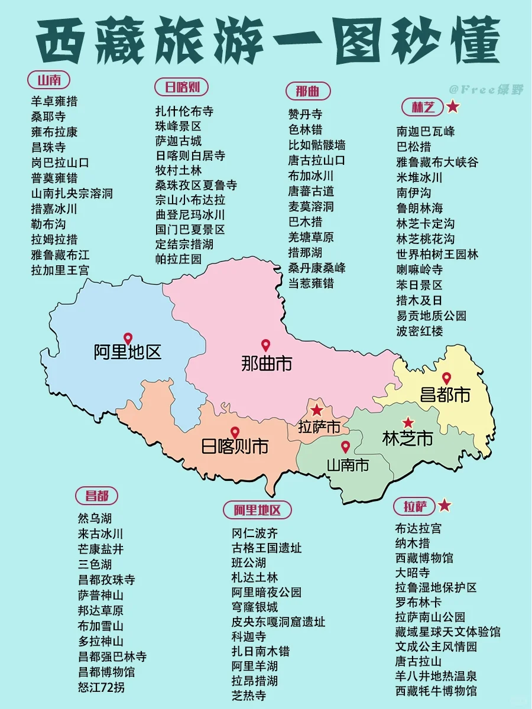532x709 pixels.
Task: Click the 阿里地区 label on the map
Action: (x=128, y=353)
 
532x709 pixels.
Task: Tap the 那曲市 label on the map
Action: (x=267, y=363)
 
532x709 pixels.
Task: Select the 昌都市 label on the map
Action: (x=445, y=394)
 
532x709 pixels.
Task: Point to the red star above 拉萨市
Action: (x=317, y=410)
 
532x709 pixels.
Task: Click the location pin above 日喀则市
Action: (x=235, y=433)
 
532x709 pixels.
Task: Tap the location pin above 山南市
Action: (x=345, y=448)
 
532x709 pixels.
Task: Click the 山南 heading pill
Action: (x=49, y=80)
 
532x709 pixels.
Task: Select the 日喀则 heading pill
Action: (x=182, y=87)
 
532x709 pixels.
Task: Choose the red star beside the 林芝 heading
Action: (x=453, y=107)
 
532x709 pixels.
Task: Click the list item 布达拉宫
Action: (x=418, y=528)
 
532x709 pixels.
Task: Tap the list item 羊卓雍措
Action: (x=54, y=101)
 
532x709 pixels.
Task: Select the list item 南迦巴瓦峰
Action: (x=426, y=131)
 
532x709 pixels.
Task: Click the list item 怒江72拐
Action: (x=101, y=687)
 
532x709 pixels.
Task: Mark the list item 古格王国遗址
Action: (x=267, y=548)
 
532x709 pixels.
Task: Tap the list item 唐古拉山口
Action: (x=316, y=160)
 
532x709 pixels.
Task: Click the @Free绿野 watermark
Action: (x=486, y=89)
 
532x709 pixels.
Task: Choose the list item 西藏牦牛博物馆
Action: (x=436, y=691)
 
